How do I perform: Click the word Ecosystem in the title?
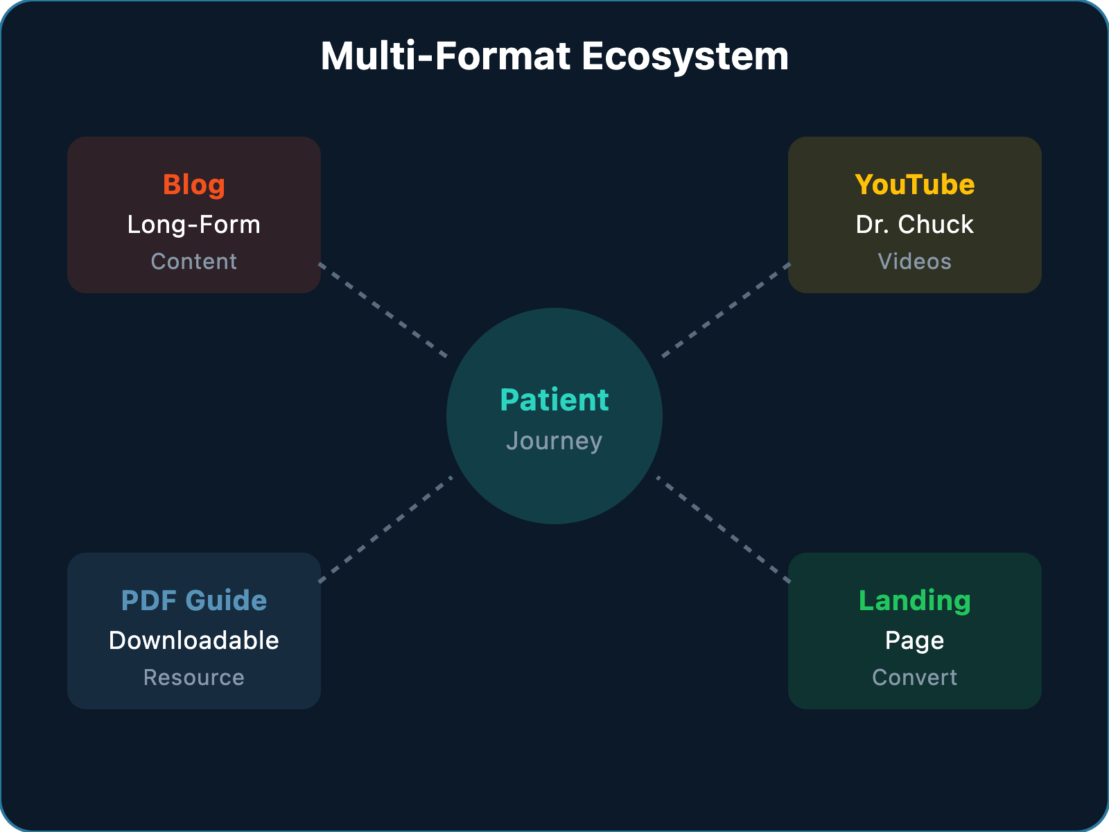[685, 57]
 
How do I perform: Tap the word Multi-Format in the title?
[445, 57]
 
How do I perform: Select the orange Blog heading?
[194, 185]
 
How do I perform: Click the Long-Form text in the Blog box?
[194, 225]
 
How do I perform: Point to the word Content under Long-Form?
[194, 261]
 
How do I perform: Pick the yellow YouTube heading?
[915, 185]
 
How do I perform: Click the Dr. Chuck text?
[915, 225]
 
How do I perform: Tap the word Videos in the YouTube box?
[915, 261]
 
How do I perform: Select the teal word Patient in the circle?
[554, 400]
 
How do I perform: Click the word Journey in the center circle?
[554, 441]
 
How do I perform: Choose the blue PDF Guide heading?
[194, 600]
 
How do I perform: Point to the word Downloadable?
[194, 641]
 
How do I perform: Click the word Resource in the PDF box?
[194, 677]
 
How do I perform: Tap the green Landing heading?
[915, 600]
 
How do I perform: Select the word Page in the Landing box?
[915, 641]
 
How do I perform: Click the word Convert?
[915, 677]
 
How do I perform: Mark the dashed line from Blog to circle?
[383, 310]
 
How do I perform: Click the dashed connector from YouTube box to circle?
[726, 310]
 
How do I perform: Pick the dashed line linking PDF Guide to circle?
[385, 529]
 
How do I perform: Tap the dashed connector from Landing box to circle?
[724, 529]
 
